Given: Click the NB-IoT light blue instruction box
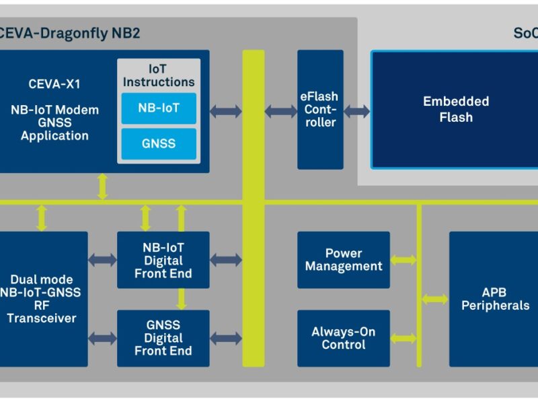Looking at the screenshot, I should click(x=159, y=108).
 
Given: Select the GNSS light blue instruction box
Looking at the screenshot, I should click(x=159, y=143).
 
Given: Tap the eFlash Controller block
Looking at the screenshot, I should click(x=320, y=110).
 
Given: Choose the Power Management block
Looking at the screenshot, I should click(x=344, y=260).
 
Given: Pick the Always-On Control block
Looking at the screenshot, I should click(x=344, y=338).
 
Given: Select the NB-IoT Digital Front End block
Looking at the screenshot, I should click(x=163, y=260).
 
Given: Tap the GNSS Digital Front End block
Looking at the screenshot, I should click(x=163, y=338).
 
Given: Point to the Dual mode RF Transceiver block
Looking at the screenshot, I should click(x=42, y=299).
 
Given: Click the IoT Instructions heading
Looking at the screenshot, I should click(x=159, y=75).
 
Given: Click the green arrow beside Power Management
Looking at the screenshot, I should click(x=403, y=260).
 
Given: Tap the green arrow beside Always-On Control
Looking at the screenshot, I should click(x=403, y=338).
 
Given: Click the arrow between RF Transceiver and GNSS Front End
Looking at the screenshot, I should click(x=102, y=338).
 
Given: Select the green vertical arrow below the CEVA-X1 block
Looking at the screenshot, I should click(x=102, y=187).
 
